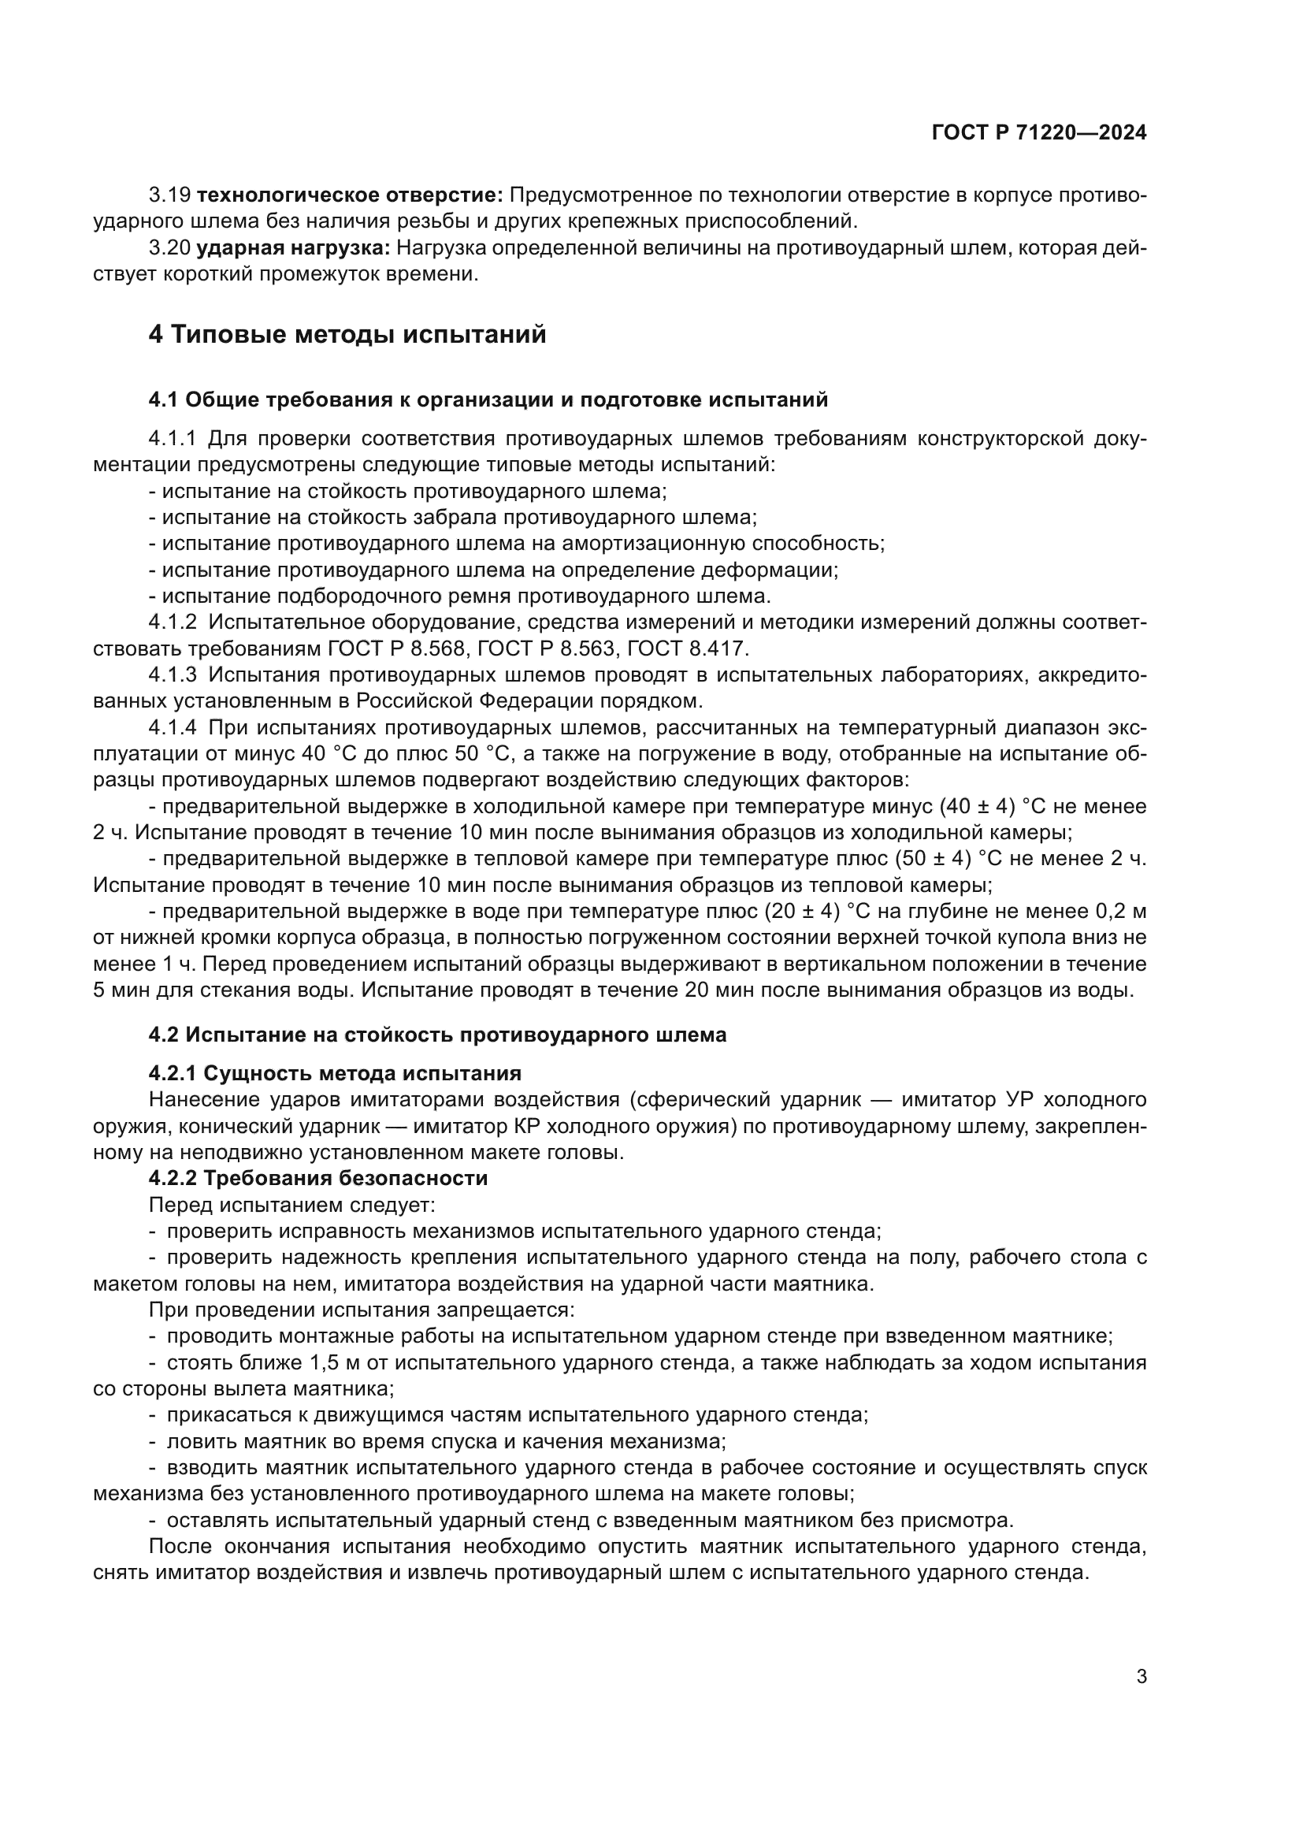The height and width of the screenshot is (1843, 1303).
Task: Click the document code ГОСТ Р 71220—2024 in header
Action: pyautogui.click(x=1039, y=133)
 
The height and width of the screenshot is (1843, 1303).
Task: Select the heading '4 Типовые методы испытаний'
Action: pyautogui.click(x=347, y=334)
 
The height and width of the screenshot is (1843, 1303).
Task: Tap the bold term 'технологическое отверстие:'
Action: pyautogui.click(x=350, y=195)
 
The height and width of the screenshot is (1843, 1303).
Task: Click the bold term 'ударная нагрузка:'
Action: pyautogui.click(x=293, y=248)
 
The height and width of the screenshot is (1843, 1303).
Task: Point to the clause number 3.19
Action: pyautogui.click(x=169, y=195)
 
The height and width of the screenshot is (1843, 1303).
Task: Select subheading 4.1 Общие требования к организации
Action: pyautogui.click(x=488, y=399)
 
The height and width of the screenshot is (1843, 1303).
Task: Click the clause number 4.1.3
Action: pyautogui.click(x=172, y=675)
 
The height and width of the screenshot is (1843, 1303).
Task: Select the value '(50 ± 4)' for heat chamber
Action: pyautogui.click(x=933, y=859)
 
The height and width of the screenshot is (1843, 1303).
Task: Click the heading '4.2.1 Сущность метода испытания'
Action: pyautogui.click(x=335, y=1073)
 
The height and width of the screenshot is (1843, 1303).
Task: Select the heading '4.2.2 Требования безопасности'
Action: pyautogui.click(x=317, y=1178)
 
